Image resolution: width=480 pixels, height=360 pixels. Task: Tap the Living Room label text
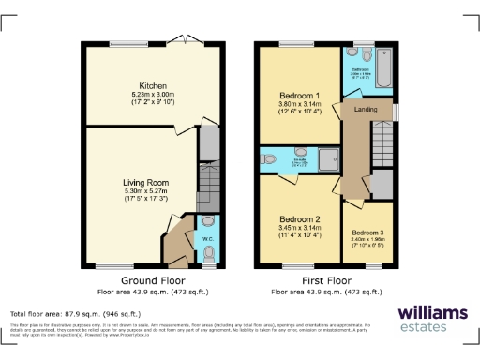[x=143, y=183]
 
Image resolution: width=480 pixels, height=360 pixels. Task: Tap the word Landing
[x=366, y=109]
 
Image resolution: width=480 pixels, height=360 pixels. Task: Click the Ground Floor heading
[x=146, y=280]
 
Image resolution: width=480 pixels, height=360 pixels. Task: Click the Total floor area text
[x=75, y=314]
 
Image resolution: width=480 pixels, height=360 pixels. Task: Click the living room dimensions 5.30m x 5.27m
[x=143, y=192]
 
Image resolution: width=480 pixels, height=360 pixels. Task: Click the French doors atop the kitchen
[x=185, y=42]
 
